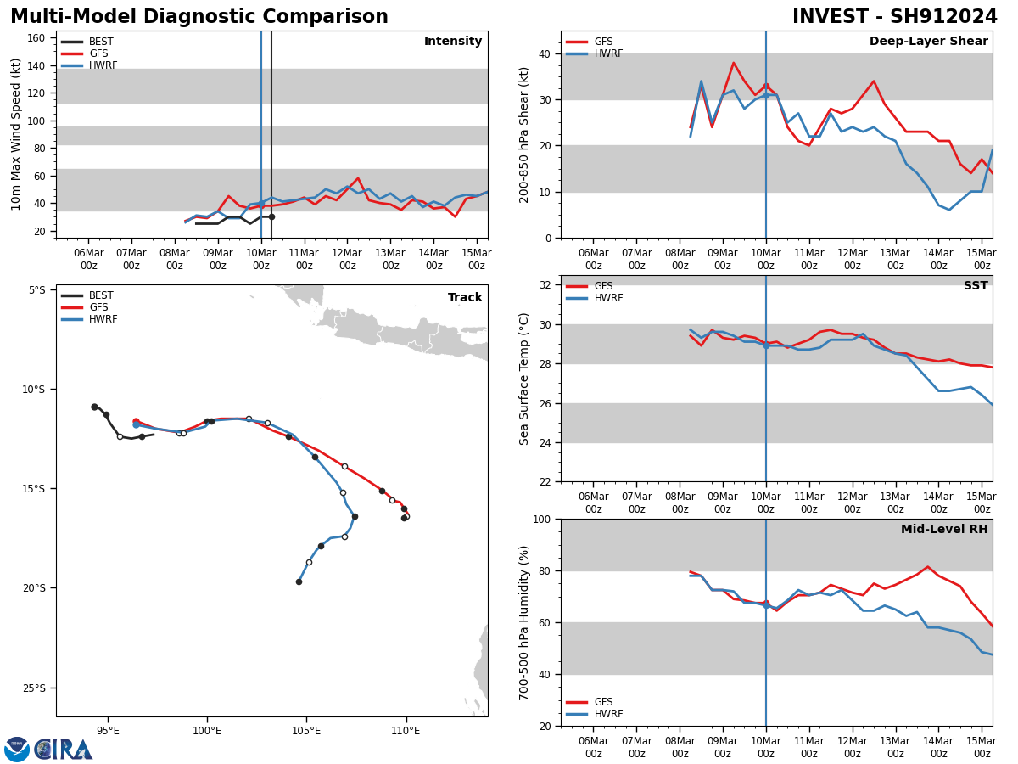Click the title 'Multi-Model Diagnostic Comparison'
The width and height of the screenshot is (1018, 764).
pos(199,17)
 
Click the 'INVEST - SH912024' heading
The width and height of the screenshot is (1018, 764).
pos(895,17)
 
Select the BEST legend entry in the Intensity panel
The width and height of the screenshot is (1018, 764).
pos(100,42)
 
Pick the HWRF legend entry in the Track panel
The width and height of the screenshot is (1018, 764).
pos(102,319)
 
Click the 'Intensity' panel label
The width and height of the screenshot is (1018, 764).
pos(453,42)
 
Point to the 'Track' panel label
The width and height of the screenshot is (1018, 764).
pos(465,298)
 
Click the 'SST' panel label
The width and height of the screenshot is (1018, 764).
pos(976,286)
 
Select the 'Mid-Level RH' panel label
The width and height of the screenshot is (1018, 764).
pos(944,530)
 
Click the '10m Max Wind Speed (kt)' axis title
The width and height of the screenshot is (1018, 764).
pos(16,134)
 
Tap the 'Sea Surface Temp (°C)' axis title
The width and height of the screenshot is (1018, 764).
pos(524,379)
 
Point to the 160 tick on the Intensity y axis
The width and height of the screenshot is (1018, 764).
pos(36,38)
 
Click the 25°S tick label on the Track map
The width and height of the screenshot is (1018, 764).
pos(36,688)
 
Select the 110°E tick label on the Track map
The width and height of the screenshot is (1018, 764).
pos(406,728)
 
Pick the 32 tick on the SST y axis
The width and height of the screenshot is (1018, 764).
pos(545,285)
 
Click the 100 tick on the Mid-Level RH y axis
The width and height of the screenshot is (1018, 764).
pos(541,519)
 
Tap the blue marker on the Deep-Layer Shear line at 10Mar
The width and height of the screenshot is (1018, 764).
pos(766,95)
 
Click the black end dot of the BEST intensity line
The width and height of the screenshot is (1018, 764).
pos(271,216)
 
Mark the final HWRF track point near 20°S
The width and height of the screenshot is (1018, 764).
pos(299,581)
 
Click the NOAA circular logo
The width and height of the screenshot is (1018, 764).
pos(17,750)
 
